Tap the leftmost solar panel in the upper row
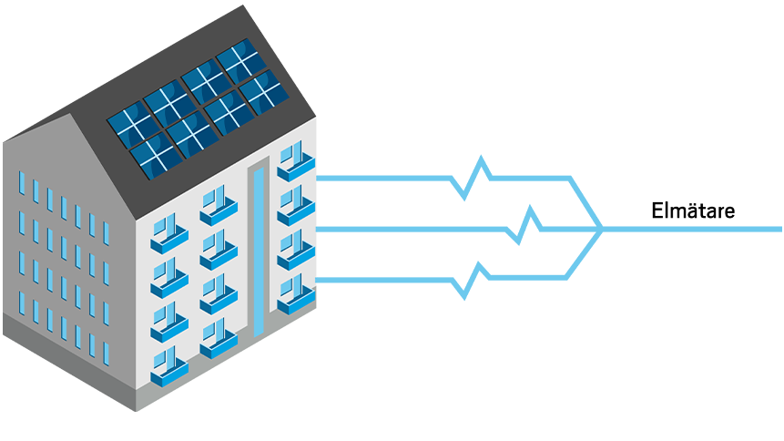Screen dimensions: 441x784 tap(131, 124)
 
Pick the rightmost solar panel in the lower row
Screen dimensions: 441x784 tap(265, 92)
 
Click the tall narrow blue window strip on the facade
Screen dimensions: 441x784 tap(260, 250)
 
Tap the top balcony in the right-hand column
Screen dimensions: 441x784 tap(295, 162)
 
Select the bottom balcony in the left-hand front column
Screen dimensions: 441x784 tap(168, 364)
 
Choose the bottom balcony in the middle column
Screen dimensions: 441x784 tap(218, 338)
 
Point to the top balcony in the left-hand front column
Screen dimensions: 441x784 tap(168, 233)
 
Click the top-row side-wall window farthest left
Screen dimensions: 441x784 tap(22, 182)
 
